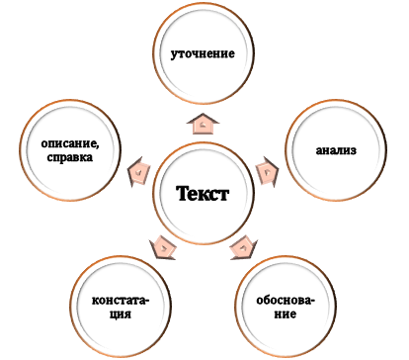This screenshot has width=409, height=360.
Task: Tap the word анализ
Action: [x=335, y=151]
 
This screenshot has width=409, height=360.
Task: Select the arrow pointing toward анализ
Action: [x=267, y=169]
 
